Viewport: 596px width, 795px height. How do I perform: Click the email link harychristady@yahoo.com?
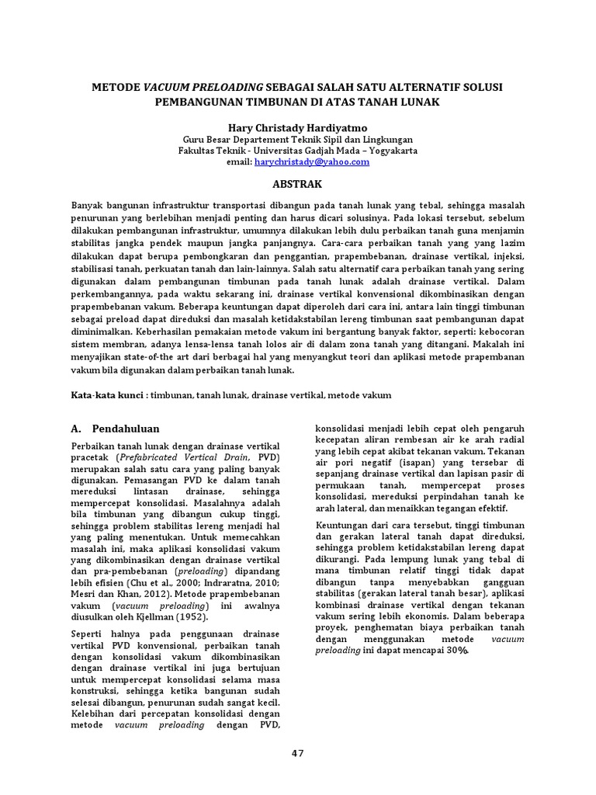click(312, 161)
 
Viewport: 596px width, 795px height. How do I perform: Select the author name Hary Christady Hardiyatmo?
click(298, 125)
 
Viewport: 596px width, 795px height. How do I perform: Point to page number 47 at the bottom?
click(297, 753)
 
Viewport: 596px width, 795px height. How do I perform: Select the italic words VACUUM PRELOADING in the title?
click(203, 87)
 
